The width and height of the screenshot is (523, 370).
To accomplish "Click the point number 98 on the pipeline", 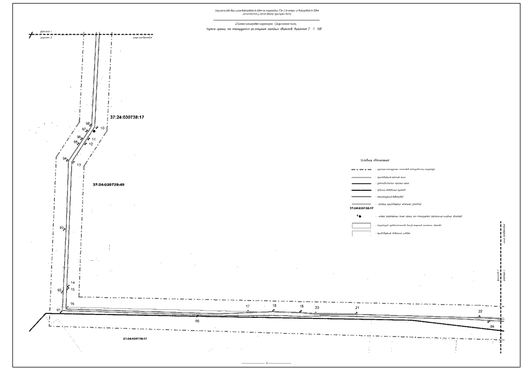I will click(x=87, y=124).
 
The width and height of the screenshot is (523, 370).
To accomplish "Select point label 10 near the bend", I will click(x=102, y=127).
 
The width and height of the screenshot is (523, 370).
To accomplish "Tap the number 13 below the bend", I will click(x=79, y=165).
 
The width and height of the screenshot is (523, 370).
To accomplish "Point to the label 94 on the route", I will click(x=65, y=158).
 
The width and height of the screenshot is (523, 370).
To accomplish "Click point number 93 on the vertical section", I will click(x=61, y=228).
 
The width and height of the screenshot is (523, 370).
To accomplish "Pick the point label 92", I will click(x=59, y=290).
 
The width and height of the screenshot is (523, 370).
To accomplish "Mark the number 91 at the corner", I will click(x=58, y=310).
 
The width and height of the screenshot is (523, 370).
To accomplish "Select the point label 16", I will click(x=72, y=304).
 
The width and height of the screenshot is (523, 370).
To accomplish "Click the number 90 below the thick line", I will click(x=197, y=320).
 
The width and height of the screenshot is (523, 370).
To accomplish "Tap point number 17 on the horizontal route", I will click(x=248, y=306).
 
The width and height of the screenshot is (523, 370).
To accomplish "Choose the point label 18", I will click(x=275, y=306).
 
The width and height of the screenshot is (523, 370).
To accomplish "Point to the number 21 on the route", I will click(x=357, y=308).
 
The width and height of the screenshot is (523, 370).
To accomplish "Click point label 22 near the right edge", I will click(x=480, y=312).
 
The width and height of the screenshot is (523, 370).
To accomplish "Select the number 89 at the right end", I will click(x=492, y=327).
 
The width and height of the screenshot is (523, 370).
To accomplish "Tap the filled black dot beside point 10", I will click(x=94, y=131).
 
